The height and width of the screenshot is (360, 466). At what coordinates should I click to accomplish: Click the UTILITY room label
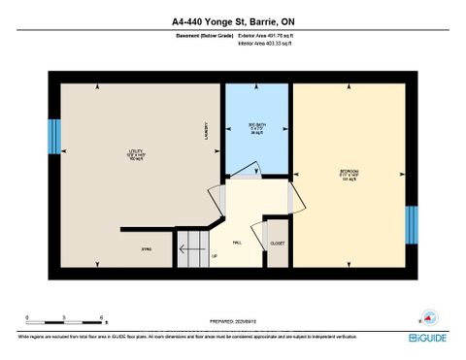click(134, 152)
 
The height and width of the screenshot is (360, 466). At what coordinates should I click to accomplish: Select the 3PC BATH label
click(256, 127)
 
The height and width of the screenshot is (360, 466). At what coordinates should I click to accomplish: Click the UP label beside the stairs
click(214, 257)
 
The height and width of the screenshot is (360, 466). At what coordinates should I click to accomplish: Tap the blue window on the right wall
click(411, 224)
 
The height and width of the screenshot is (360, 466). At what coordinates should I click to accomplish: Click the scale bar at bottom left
click(66, 319)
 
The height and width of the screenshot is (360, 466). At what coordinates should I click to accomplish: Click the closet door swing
click(258, 233)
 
